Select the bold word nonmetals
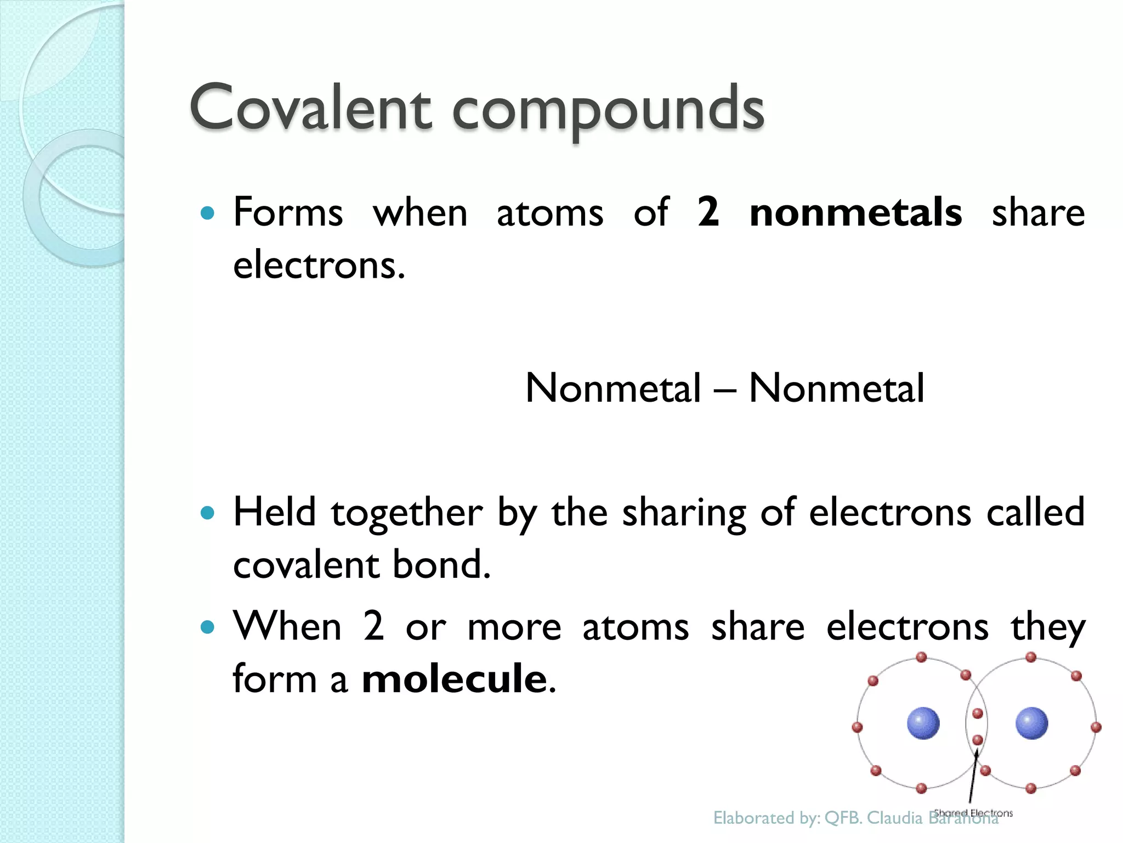pyautogui.click(x=855, y=213)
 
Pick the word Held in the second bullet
pyautogui.click(x=274, y=512)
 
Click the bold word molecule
pyautogui.click(x=455, y=679)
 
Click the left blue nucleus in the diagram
pyautogui.click(x=923, y=723)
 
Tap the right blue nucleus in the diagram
pyautogui.click(x=1031, y=723)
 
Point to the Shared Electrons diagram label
pyautogui.click(x=973, y=813)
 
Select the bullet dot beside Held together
pyautogui.click(x=207, y=513)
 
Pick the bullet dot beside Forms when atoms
pyautogui.click(x=207, y=213)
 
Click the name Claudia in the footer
pyautogui.click(x=894, y=818)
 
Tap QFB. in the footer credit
pyautogui.click(x=843, y=818)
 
